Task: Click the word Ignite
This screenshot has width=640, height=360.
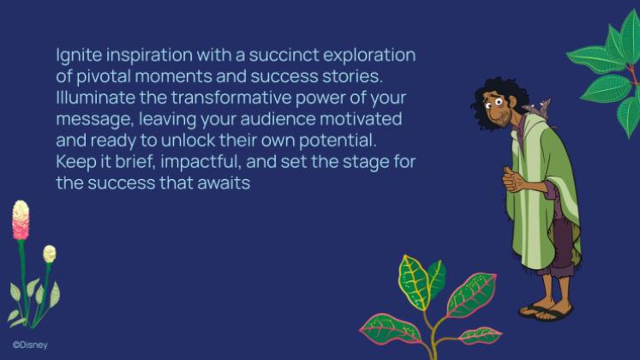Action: pyautogui.click(x=79, y=56)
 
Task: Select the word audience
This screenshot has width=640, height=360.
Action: pyautogui.click(x=278, y=119)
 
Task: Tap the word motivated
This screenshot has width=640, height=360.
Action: pyautogui.click(x=361, y=119)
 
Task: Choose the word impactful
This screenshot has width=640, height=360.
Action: pyautogui.click(x=200, y=163)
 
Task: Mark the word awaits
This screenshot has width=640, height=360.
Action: pyautogui.click(x=224, y=183)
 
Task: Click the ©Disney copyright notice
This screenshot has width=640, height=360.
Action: pyautogui.click(x=30, y=345)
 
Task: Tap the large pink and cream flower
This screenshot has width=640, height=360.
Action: pyautogui.click(x=21, y=219)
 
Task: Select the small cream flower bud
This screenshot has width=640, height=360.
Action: pyautogui.click(x=50, y=254)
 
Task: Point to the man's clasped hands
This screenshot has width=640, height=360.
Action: pyautogui.click(x=512, y=180)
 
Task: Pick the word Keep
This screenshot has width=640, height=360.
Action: pyautogui.click(x=76, y=163)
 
